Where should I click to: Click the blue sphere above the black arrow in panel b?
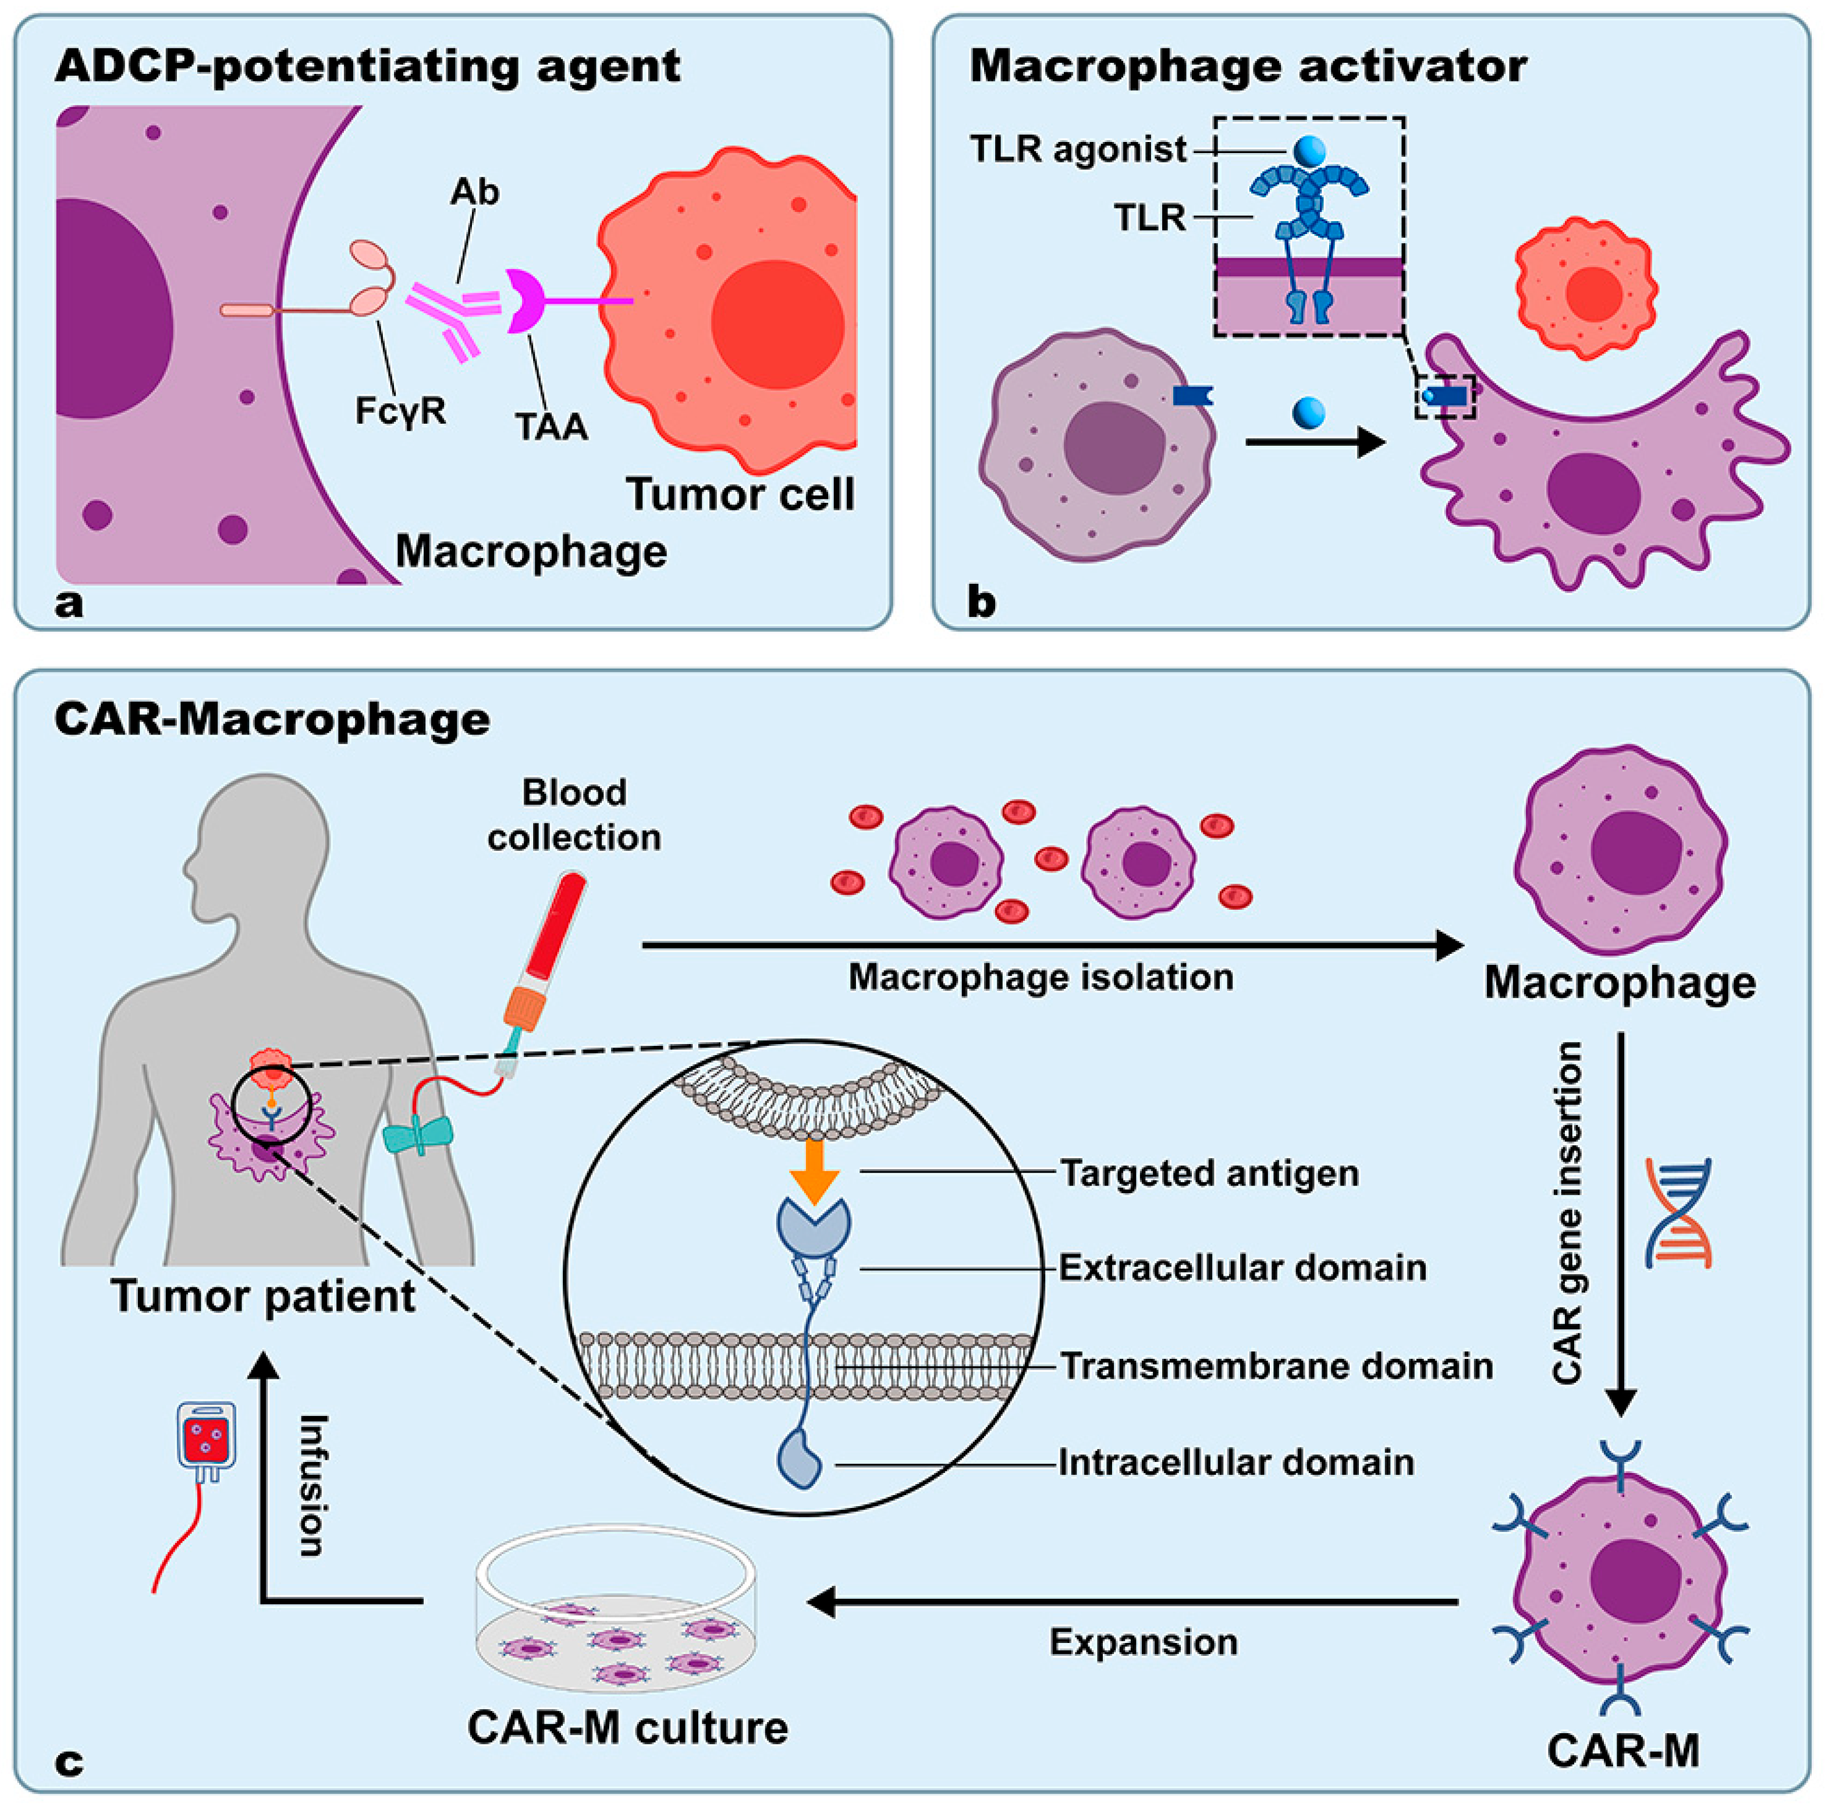(1308, 412)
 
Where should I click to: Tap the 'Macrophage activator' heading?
(1248, 67)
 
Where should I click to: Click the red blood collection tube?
(558, 926)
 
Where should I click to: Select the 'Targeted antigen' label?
(1209, 1173)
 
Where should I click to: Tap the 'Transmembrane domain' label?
(1275, 1366)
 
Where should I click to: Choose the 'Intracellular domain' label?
(1235, 1463)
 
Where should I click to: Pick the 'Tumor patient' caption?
(262, 1296)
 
